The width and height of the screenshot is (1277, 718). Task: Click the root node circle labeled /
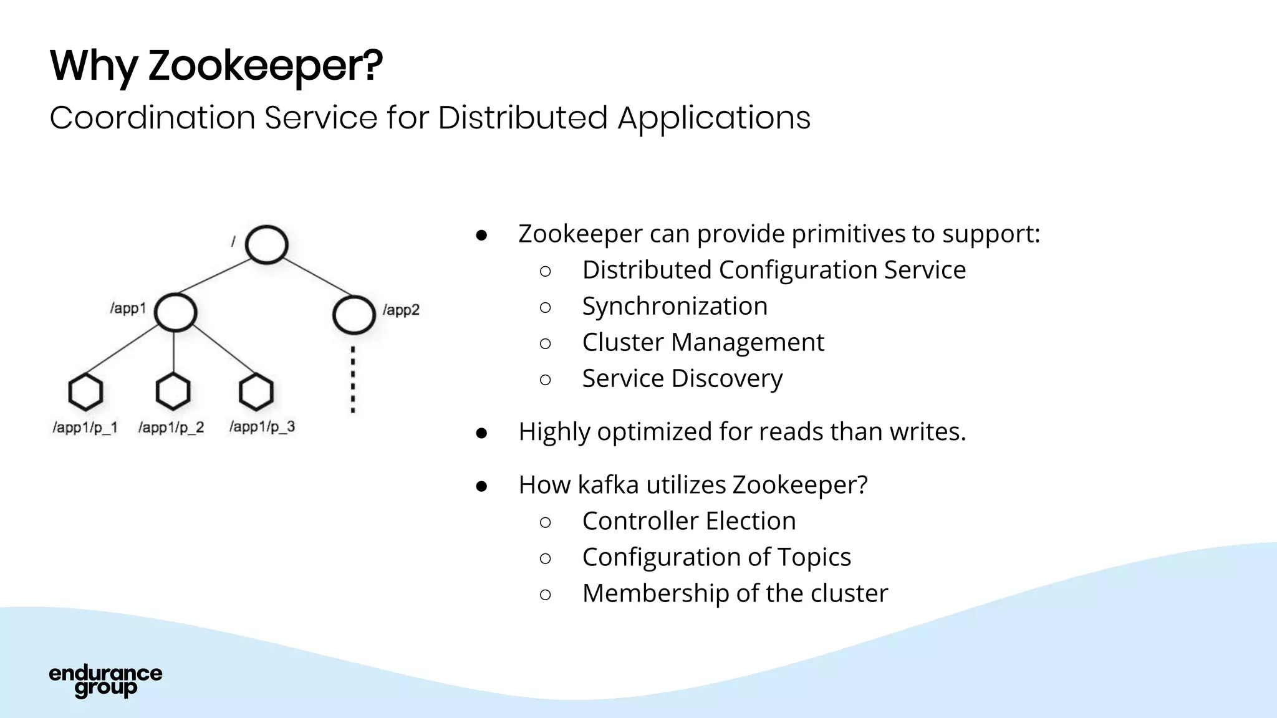(266, 244)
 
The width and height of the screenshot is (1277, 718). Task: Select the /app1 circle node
(175, 312)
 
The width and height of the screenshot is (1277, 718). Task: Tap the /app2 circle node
(354, 315)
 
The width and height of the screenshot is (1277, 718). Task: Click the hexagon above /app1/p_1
(85, 392)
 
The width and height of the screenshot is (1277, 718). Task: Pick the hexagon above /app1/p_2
(173, 391)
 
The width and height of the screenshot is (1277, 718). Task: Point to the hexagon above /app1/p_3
(256, 392)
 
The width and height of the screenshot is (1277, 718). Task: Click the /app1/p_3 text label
(262, 427)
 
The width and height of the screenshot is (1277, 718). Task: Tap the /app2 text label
(401, 310)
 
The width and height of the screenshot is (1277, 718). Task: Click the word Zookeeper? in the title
(266, 65)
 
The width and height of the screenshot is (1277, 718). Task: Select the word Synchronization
(675, 306)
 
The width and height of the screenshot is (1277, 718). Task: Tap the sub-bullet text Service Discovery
(682, 378)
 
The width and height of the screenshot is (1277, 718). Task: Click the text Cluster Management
(703, 342)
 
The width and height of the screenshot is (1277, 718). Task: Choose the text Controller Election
(688, 520)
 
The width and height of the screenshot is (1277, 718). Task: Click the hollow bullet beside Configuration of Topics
(545, 558)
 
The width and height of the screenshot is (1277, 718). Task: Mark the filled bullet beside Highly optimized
(481, 433)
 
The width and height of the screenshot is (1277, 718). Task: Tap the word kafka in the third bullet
(608, 484)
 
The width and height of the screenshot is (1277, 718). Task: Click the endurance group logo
(105, 681)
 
